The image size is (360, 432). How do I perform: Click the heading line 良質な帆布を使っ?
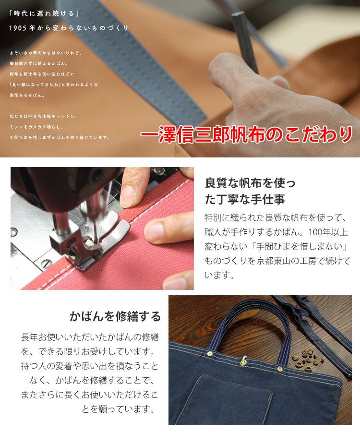(x=250, y=183)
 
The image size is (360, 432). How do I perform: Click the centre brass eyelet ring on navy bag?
(x=244, y=359)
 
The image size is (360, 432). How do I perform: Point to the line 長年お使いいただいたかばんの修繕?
(x=90, y=337)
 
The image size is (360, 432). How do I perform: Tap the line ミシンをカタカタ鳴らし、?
(x=36, y=127)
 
